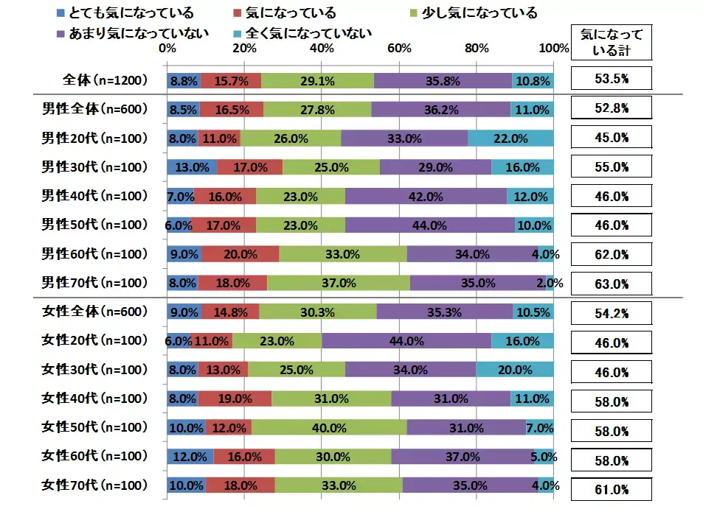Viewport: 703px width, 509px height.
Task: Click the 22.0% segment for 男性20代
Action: (510, 138)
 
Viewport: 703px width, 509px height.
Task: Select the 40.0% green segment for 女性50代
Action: (329, 427)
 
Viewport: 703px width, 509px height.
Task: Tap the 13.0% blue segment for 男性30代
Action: (193, 166)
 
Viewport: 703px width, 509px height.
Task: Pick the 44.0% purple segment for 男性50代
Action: (429, 225)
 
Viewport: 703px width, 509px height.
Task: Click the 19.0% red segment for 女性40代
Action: (235, 399)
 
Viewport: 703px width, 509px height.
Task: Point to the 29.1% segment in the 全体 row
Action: (317, 80)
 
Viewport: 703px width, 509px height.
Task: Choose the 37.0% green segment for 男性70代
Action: (339, 282)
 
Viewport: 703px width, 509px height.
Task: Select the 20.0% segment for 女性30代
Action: (514, 370)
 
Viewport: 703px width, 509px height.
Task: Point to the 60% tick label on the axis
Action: (400, 49)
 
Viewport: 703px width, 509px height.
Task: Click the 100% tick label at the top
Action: (554, 49)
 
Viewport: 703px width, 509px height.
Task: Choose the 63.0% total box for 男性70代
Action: (611, 284)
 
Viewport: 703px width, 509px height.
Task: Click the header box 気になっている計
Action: (611, 42)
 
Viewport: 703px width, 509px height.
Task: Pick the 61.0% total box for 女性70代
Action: (611, 489)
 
